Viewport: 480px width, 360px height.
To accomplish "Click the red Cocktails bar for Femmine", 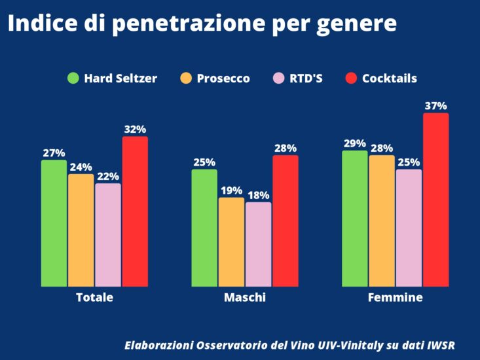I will tap(435, 200).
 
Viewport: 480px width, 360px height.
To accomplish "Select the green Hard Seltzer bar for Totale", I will tap(54, 223).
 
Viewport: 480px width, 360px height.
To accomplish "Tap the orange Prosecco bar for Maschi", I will tap(231, 242).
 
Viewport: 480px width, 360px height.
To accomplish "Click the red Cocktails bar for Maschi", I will tap(285, 221).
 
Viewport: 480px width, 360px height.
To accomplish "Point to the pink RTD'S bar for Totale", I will tap(108, 235).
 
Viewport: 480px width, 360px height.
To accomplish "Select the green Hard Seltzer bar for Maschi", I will tap(204, 228).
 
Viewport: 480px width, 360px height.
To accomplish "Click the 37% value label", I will tap(435, 106).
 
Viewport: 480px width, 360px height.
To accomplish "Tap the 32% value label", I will tap(135, 130).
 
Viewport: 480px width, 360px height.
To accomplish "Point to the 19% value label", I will tap(231, 190).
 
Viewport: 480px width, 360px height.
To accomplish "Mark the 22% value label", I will tap(108, 176).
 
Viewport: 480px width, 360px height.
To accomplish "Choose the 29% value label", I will tap(355, 143).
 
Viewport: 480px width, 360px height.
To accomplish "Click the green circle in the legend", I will tap(73, 79).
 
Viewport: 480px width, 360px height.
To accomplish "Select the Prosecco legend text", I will tap(223, 79).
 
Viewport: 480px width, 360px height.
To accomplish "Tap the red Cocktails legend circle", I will tap(351, 79).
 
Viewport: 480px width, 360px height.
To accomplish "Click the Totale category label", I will tap(94, 297).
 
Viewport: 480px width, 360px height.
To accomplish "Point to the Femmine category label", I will tap(395, 297).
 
